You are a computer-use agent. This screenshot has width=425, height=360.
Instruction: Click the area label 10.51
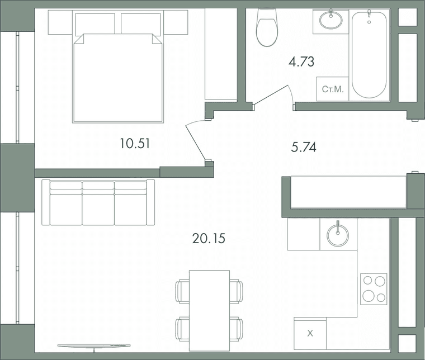(x=135, y=143)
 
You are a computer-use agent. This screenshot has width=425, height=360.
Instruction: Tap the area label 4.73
(x=301, y=61)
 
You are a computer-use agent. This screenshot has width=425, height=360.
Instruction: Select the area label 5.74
(x=304, y=148)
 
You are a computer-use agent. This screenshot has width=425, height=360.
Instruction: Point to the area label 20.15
(x=209, y=239)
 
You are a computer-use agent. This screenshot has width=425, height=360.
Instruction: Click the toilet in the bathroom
(x=267, y=27)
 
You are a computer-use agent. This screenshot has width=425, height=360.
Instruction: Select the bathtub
(x=369, y=54)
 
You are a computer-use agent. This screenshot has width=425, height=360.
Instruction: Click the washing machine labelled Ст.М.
(x=333, y=89)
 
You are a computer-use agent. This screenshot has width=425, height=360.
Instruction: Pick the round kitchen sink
(x=338, y=235)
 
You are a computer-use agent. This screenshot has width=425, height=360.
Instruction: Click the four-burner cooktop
(x=374, y=289)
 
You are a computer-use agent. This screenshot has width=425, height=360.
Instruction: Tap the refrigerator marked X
(x=310, y=333)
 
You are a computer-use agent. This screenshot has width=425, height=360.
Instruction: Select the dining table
(x=209, y=310)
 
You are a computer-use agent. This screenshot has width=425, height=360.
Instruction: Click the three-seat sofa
(x=98, y=202)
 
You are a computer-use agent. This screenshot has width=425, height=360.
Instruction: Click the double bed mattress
(x=118, y=78)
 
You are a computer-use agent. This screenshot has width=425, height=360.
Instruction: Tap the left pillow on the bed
(x=95, y=23)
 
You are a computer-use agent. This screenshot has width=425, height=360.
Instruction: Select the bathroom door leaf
(x=271, y=94)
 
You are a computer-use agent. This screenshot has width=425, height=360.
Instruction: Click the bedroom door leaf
(x=195, y=143)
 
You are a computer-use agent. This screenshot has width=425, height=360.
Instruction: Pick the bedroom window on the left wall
(x=17, y=88)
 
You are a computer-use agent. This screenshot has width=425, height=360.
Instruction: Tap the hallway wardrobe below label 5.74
(x=348, y=192)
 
